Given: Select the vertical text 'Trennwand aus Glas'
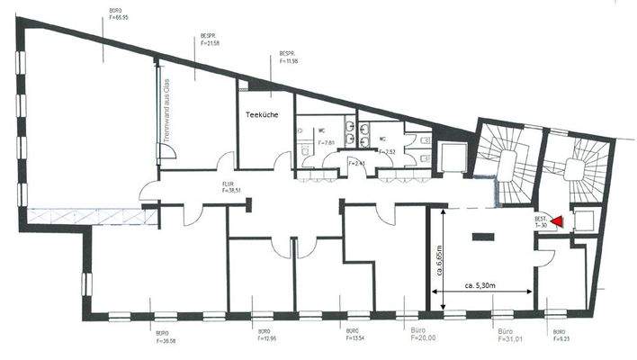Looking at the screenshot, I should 167,112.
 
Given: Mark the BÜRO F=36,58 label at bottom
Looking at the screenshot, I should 167,337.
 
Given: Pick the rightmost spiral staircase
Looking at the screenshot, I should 576,167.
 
